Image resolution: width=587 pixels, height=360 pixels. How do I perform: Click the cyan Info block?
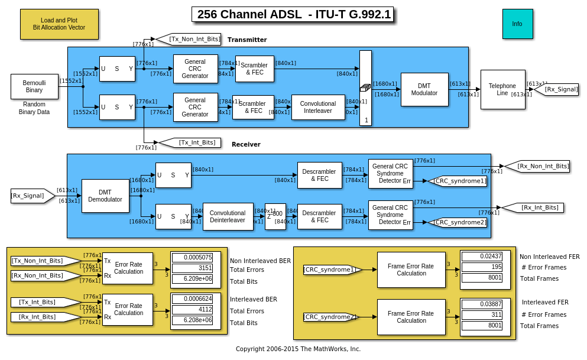pyautogui.click(x=517, y=24)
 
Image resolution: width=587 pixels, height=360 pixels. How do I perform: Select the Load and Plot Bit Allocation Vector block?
pyautogui.click(x=59, y=24)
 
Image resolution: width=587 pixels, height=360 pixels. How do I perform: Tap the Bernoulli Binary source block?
pyautogui.click(x=34, y=86)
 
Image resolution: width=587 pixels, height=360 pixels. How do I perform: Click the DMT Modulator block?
pyautogui.click(x=424, y=89)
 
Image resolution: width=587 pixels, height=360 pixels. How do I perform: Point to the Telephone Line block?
pyautogui.click(x=502, y=89)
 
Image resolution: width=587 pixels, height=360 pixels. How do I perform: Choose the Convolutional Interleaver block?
pyautogui.click(x=318, y=107)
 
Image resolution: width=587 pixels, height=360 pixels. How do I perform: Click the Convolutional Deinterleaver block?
pyautogui.click(x=228, y=216)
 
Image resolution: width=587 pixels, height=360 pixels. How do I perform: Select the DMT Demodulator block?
pyautogui.click(x=105, y=196)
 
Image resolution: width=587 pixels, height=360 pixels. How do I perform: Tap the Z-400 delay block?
pyautogui.click(x=275, y=216)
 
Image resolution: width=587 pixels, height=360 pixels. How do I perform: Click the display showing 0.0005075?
pyautogui.click(x=196, y=257)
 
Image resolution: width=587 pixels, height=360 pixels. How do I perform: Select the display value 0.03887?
pyautogui.click(x=482, y=304)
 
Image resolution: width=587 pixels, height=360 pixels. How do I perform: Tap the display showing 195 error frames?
pyautogui.click(x=482, y=267)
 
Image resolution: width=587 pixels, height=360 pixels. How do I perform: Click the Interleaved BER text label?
pyautogui.click(x=254, y=300)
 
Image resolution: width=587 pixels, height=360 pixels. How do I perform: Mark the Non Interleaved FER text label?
pyautogui.click(x=549, y=257)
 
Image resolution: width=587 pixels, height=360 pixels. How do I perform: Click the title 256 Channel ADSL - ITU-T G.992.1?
pyautogui.click(x=293, y=15)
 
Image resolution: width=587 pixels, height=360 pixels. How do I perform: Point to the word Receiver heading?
pyautogui.click(x=246, y=144)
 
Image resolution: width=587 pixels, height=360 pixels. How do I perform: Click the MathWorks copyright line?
pyautogui.click(x=298, y=349)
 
